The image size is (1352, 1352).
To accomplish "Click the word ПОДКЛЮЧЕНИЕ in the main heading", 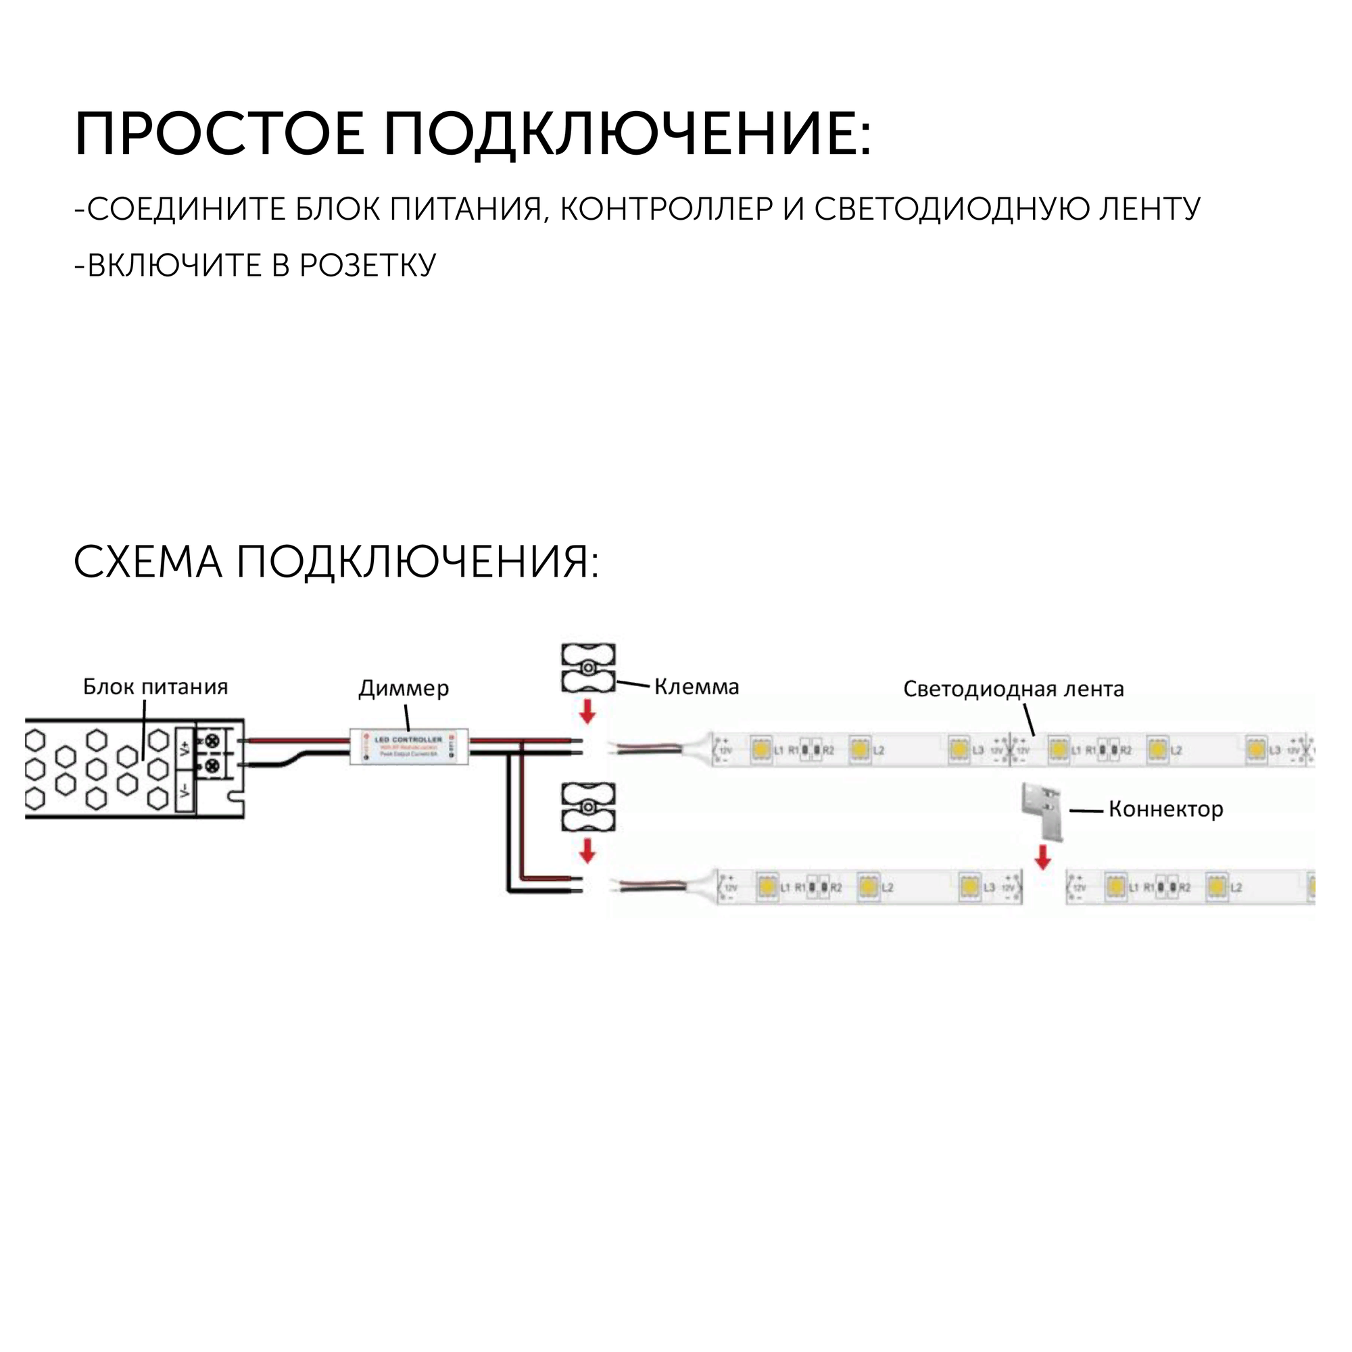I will coord(627,134).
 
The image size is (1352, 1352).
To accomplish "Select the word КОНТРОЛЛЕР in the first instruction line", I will coord(667,210).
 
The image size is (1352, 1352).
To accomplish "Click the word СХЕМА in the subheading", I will coord(147,562).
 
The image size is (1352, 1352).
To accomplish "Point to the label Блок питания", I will coord(155,687).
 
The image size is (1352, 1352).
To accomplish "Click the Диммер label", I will coord(404,688).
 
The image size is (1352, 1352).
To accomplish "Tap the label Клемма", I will coord(696,687).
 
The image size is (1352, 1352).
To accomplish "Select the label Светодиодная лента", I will coord(1013,689).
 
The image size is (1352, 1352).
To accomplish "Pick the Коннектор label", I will coord(1166,809).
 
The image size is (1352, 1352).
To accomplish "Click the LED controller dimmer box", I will coord(409,746).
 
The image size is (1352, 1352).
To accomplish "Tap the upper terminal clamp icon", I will coord(589,668).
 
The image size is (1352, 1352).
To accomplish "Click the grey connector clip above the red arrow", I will coord(1042,810).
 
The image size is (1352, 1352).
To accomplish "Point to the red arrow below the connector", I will coord(1042,856).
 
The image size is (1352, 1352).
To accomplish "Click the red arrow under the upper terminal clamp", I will coord(588,712).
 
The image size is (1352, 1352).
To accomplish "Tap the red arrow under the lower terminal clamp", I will coord(588,850).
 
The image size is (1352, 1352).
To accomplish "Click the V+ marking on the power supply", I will coord(185,748).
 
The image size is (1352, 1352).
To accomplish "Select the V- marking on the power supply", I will coord(185,791).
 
